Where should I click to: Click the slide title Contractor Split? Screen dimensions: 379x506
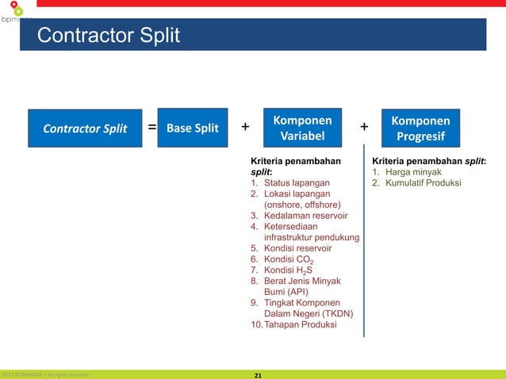[109, 36]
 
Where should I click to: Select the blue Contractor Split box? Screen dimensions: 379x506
[85, 128]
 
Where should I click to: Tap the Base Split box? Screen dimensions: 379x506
[193, 128]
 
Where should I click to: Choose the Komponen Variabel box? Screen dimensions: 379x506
[302, 128]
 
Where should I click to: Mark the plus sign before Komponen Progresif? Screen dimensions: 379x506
[364, 127]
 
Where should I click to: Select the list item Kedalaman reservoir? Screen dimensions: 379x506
[305, 215]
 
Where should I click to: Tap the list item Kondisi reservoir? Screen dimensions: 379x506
[297, 247]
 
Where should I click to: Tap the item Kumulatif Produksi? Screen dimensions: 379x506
[423, 182]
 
